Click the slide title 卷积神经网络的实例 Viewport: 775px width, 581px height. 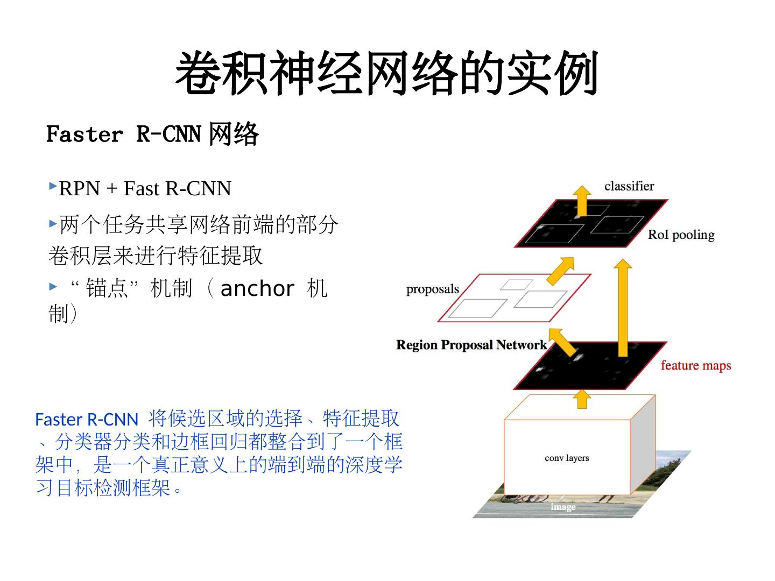[x=386, y=74]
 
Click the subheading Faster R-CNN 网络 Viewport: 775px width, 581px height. [x=152, y=134]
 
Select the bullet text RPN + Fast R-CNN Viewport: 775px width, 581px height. [x=145, y=189]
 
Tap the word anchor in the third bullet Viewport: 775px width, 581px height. [x=257, y=289]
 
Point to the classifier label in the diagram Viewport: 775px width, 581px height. [x=629, y=186]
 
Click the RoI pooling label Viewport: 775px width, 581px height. [x=681, y=235]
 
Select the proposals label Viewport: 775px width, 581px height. [x=432, y=289]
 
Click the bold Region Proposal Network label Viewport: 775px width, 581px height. [x=471, y=345]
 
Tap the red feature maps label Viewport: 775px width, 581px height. [x=695, y=365]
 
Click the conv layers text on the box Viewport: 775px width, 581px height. [x=567, y=458]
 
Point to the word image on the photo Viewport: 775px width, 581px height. [x=563, y=507]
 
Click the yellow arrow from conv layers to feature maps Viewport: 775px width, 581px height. [x=581, y=399]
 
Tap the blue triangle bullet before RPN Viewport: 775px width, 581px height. [x=53, y=186]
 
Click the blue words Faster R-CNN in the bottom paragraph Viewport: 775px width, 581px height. [x=86, y=419]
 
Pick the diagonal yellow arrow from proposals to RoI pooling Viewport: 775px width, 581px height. [x=561, y=270]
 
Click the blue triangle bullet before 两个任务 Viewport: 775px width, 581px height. [x=53, y=223]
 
